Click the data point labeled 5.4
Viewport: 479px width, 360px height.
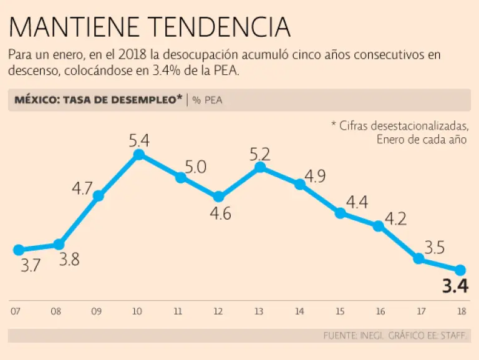tap(139, 154)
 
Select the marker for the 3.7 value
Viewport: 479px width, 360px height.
tap(18, 250)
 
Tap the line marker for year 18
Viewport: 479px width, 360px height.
tap(460, 270)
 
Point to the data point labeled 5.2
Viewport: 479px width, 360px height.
tap(260, 167)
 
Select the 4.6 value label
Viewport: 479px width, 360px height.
tap(219, 214)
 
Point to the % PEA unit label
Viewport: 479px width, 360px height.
tap(207, 100)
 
